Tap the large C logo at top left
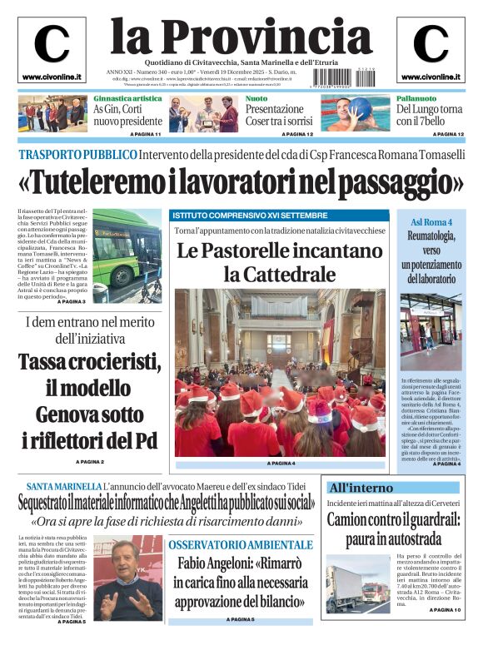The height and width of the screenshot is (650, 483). click(52, 44)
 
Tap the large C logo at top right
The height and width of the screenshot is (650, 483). click(431, 44)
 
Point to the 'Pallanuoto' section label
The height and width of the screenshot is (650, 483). click(415, 98)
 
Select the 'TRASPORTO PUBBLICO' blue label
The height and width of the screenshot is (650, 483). click(77, 155)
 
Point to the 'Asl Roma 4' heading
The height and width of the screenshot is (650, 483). click(431, 223)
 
